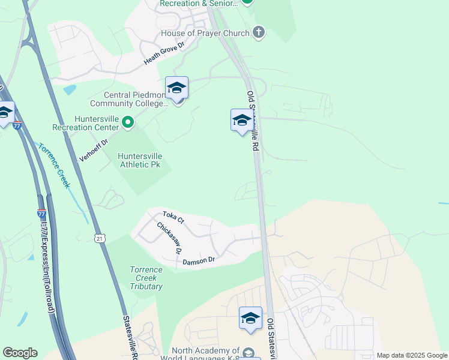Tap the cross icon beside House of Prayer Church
259,32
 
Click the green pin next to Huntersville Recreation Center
128,123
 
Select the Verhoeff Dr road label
93,150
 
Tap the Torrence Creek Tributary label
146,278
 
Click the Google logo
20,353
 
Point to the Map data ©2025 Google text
411,355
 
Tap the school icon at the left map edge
5,113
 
